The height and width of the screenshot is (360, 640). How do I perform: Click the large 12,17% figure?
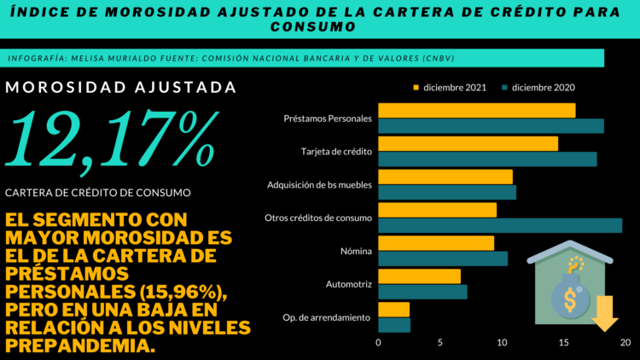pyautogui.click(x=111, y=138)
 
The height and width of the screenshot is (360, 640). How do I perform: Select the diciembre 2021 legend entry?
pyautogui.click(x=448, y=87)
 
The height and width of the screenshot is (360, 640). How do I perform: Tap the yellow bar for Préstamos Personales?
pyautogui.click(x=476, y=111)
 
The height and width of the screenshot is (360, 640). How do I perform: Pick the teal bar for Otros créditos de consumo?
pyautogui.click(x=499, y=225)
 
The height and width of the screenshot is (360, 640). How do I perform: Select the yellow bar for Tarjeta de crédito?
pyautogui.click(x=468, y=143)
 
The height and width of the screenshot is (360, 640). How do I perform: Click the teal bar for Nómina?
pyautogui.click(x=442, y=258)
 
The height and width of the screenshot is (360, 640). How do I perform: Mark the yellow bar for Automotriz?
pyautogui.click(x=419, y=276)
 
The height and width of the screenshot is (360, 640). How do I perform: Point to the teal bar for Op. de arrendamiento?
pyautogui.click(x=393, y=325)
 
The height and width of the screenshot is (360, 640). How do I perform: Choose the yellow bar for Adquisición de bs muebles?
pyautogui.click(x=445, y=177)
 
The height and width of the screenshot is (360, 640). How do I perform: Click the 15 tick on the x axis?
pyautogui.click(x=563, y=343)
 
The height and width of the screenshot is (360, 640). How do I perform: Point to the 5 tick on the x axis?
pyautogui.click(x=440, y=343)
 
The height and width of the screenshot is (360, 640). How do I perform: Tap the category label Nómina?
pyautogui.click(x=355, y=251)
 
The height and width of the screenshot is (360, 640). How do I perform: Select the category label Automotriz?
pyautogui.click(x=349, y=284)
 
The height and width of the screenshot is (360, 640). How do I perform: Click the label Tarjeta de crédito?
pyautogui.click(x=336, y=151)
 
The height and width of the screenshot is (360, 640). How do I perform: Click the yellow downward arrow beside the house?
pyautogui.click(x=605, y=312)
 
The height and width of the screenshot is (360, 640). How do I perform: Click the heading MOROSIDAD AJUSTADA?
pyautogui.click(x=120, y=87)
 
